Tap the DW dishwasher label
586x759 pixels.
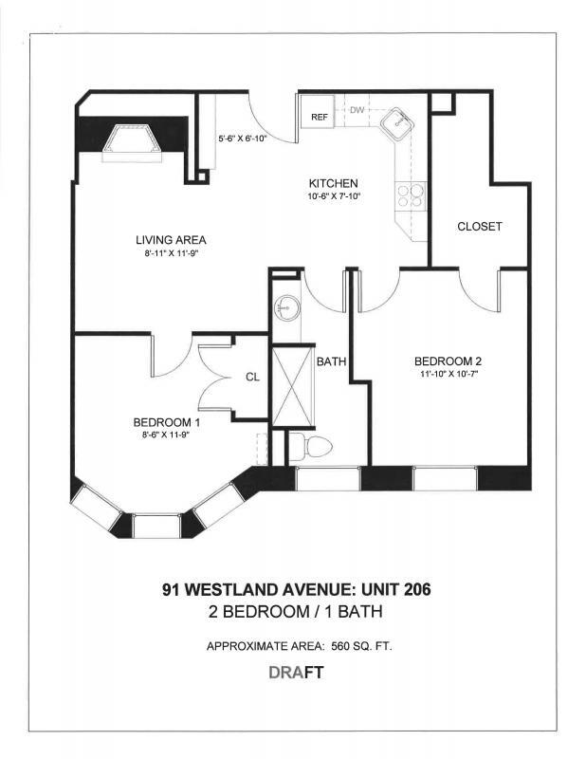coord(357,110)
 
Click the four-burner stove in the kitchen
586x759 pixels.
coord(410,195)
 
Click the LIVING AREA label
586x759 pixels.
coord(171,240)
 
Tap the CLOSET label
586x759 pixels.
coord(479,227)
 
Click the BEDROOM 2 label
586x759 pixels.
coord(448,361)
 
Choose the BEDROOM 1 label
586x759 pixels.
coord(166,422)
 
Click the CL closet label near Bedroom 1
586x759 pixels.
coord(252,377)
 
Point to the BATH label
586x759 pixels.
coord(330,361)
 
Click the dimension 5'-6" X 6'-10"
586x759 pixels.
coord(243,139)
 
